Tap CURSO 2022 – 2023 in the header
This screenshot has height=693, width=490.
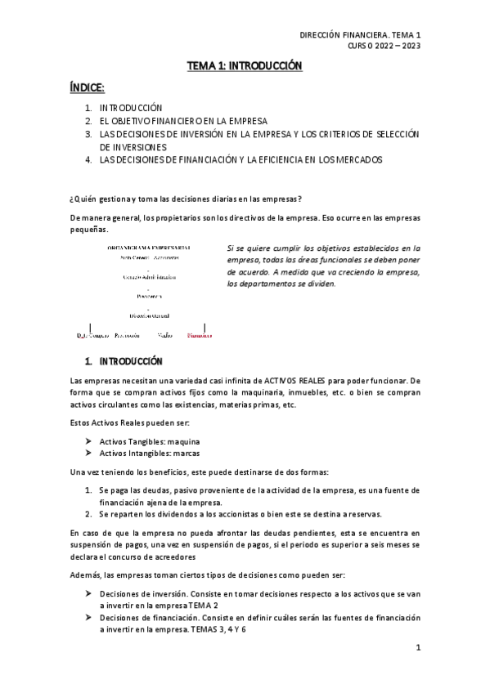[384, 47]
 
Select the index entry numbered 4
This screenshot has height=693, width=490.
[241, 159]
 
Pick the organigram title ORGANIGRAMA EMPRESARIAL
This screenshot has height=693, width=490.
[148, 247]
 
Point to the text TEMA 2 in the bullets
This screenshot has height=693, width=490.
[203, 606]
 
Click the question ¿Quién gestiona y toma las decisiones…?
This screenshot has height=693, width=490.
[187, 199]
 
